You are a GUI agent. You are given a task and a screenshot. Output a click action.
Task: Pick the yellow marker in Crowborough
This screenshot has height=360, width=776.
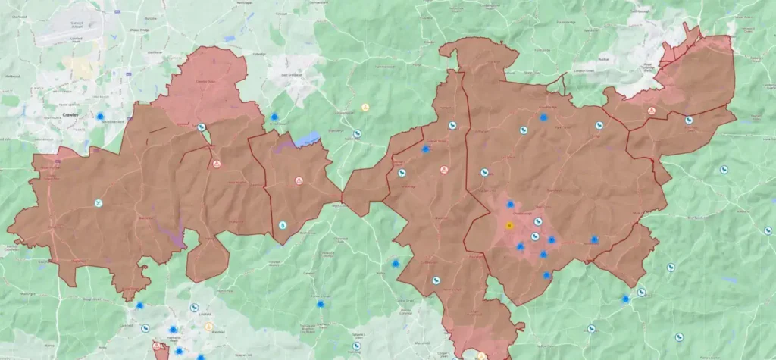point(509,225)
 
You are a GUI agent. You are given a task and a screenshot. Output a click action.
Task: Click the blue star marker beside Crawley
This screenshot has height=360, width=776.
point(100,116)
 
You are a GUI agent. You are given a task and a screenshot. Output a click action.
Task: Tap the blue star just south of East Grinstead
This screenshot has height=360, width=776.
point(274,117)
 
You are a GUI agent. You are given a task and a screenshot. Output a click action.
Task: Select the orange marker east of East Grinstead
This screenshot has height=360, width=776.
point(365,108)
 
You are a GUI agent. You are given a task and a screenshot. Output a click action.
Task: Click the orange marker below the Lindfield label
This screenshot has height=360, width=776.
point(208,327)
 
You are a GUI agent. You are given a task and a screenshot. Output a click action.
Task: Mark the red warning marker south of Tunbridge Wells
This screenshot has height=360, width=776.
point(650,111)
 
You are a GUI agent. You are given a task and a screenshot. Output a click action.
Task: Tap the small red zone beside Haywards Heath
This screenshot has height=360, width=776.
point(161,351)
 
